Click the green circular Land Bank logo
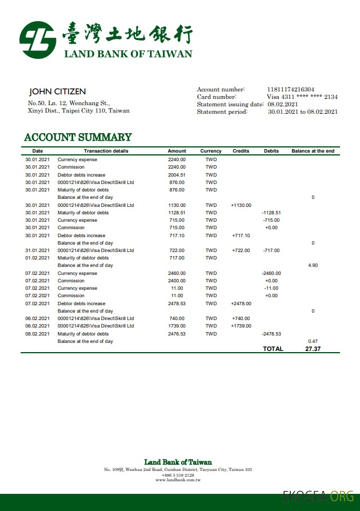38,40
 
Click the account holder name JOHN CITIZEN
57,91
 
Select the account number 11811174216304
290,89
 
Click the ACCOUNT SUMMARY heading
78,137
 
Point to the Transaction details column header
106,151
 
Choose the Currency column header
211,151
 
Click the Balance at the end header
313,151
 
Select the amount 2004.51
177,175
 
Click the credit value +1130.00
241,205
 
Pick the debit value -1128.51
271,213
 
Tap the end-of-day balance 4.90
313,265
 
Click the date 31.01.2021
37,250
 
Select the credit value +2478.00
241,304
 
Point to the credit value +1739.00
241,326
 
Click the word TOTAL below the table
273,349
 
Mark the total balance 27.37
313,349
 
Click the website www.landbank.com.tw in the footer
178,480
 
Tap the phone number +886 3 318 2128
178,475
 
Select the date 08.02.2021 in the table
37,334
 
